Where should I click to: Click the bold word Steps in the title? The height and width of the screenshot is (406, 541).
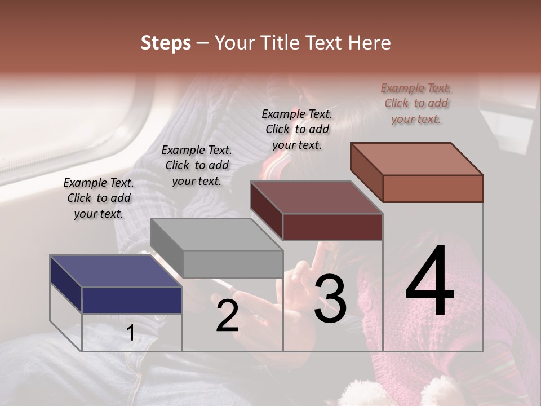point(166,43)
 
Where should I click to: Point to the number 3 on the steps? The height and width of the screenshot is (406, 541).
point(330,299)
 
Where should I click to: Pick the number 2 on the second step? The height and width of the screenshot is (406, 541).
point(227,315)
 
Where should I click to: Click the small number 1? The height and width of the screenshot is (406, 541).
point(131,333)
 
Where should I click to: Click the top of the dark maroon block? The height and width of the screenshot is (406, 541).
point(316,197)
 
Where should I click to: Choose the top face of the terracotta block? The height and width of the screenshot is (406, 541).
point(416,159)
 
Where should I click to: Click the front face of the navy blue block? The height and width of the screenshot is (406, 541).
point(132,300)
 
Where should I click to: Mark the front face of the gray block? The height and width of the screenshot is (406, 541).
point(233,264)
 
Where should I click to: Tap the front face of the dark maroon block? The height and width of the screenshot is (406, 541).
point(332,227)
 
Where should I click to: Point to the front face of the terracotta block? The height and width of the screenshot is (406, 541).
point(433,188)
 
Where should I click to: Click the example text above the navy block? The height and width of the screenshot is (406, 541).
point(99,198)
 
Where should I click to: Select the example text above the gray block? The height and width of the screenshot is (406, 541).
point(197,165)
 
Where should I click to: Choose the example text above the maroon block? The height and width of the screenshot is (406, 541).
point(297,129)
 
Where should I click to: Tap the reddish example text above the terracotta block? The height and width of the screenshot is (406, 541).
point(416,103)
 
